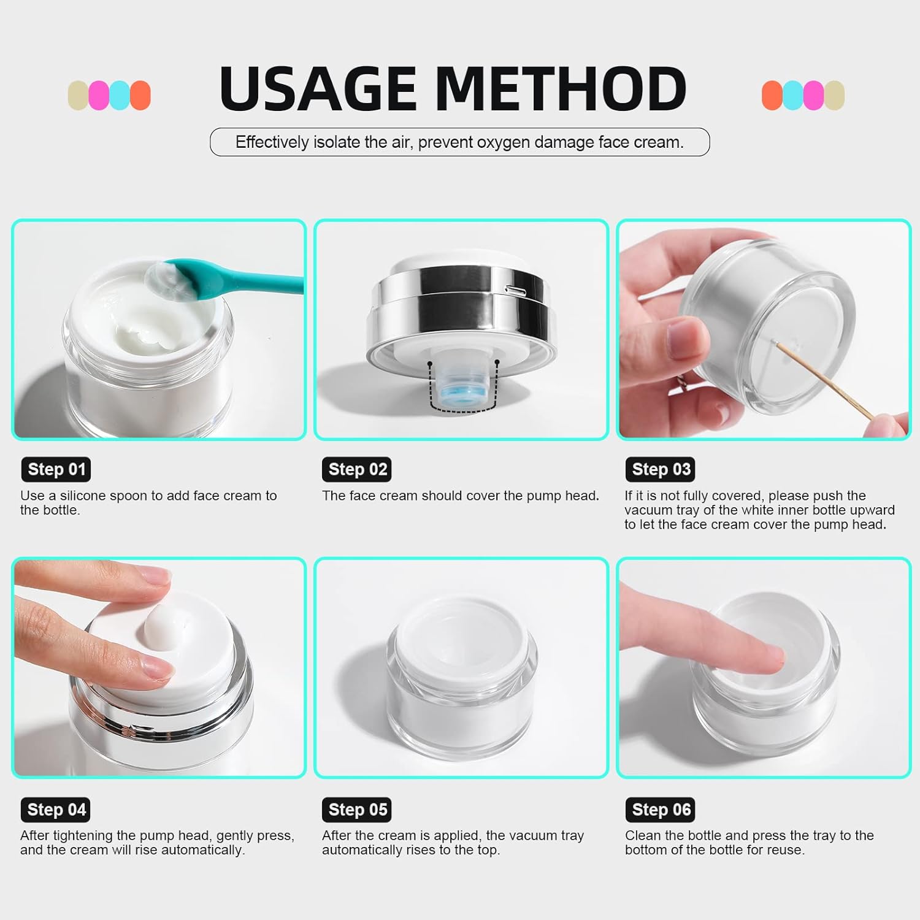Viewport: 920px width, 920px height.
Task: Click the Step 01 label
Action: (56, 469)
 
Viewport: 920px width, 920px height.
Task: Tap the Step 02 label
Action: (358, 469)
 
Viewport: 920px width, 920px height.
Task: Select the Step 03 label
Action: (661, 469)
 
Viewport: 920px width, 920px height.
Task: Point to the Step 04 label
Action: (56, 810)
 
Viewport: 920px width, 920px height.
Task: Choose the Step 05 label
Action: (358, 810)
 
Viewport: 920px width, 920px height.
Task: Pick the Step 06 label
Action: (661, 810)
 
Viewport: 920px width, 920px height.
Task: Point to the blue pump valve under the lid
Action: (463, 387)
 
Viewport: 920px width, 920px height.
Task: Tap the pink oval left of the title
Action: (99, 95)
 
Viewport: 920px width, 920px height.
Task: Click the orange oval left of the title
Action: (140, 95)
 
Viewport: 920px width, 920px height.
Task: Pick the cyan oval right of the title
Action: (793, 95)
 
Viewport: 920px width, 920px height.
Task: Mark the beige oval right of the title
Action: (835, 95)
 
